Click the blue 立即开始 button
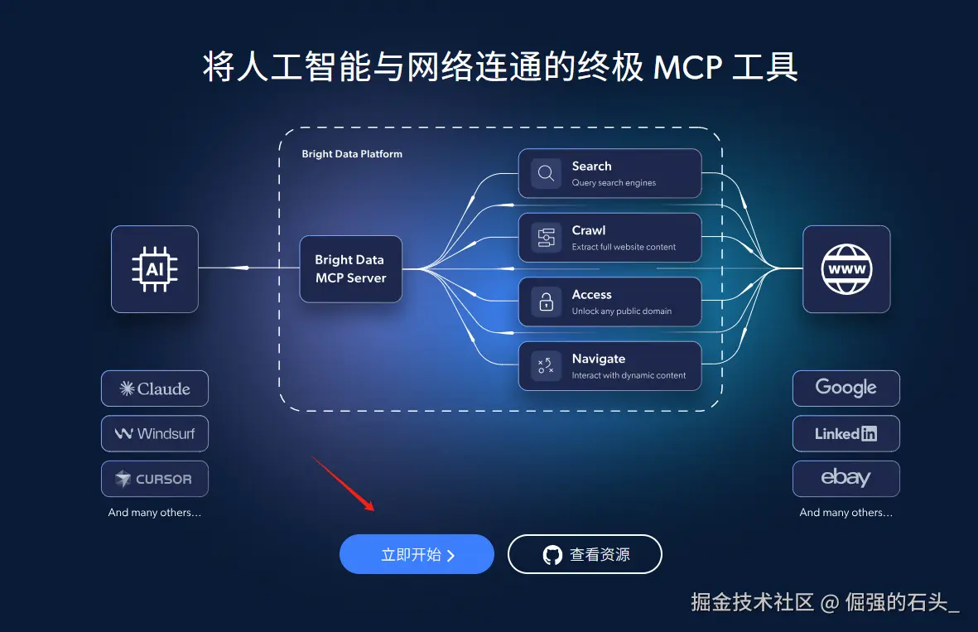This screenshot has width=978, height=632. pos(417,554)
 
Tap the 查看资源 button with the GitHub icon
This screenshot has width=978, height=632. pos(585,554)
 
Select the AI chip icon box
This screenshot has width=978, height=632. pos(155,269)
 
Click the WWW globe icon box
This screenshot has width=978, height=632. pos(846,269)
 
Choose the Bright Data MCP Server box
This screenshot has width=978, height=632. pos(350,269)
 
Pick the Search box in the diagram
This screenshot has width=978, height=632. pos(609,173)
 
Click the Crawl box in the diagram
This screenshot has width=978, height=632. pos(609,238)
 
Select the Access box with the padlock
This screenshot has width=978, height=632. pos(609,302)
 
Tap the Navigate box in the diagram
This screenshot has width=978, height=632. pos(609,366)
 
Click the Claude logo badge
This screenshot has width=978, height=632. pos(155,388)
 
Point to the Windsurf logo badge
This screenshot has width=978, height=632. pos(155,433)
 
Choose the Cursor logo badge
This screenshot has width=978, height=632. pos(155,479)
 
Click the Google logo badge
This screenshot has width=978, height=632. pos(846,388)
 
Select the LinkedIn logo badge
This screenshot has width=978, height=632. pos(846,433)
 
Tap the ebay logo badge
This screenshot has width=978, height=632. pos(846,478)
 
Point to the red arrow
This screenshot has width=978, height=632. pos(343,482)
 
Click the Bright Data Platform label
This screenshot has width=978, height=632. pos(352,154)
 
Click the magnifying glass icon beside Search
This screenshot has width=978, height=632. pos(547,173)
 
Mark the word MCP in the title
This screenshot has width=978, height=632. pos(687,67)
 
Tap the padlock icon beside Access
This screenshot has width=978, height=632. pos(547,302)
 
